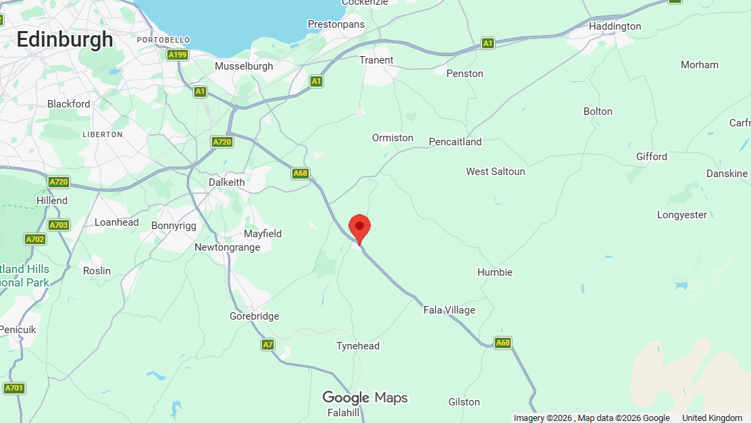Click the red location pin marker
coord(359,227)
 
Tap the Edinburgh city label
coord(65,39)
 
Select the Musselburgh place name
coord(244,66)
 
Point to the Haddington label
coord(615,26)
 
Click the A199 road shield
coord(178,55)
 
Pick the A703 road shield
coord(59,225)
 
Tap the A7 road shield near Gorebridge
coord(268,345)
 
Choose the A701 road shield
coord(14,388)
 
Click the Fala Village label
coord(449,310)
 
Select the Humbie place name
coord(495,272)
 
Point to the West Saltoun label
coord(495,172)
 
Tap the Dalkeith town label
coord(227,182)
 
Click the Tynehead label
coord(358,346)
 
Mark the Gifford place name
coord(652,157)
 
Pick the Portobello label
coord(163,40)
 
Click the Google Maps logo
coord(365,397)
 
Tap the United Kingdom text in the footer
coord(712,418)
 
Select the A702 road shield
coord(35,239)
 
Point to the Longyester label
coord(682,215)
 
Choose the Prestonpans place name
coord(336,24)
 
